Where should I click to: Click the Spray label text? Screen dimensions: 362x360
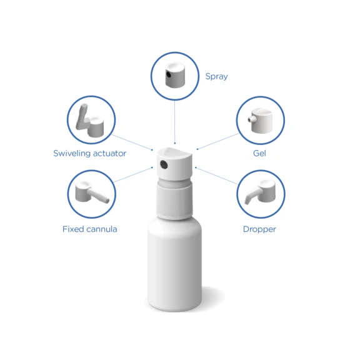click(216, 77)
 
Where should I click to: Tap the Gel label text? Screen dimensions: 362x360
click(259, 153)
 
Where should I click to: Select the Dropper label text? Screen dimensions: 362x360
click(259, 229)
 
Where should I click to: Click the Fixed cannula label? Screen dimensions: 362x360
click(89, 229)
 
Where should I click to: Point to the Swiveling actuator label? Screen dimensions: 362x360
click(89, 153)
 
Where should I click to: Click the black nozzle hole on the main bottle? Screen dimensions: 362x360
click(164, 165)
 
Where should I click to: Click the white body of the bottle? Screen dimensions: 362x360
click(175, 269)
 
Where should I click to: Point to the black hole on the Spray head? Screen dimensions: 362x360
click(169, 77)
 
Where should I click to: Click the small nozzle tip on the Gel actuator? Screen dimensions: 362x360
click(249, 118)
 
